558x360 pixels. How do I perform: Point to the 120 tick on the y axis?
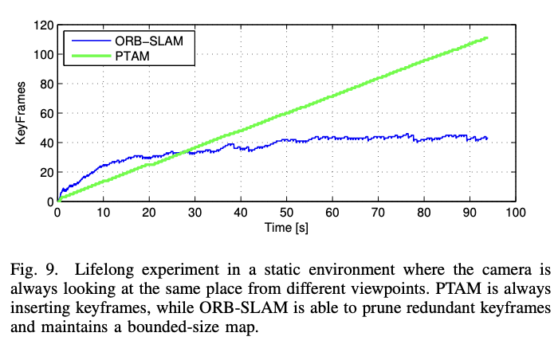[x=42, y=25]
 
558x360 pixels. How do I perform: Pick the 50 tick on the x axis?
[x=286, y=214]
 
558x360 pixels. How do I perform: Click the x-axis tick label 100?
[x=515, y=214]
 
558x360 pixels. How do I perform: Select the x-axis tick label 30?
[x=195, y=214]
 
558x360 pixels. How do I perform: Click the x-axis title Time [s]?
[x=286, y=228]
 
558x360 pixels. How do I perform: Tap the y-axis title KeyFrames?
[x=21, y=113]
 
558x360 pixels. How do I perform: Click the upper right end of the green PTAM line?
[x=486, y=38]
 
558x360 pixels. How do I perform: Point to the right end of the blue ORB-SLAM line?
[x=486, y=139]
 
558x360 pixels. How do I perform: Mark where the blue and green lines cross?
[x=185, y=151]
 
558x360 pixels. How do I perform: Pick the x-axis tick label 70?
[x=378, y=214]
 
